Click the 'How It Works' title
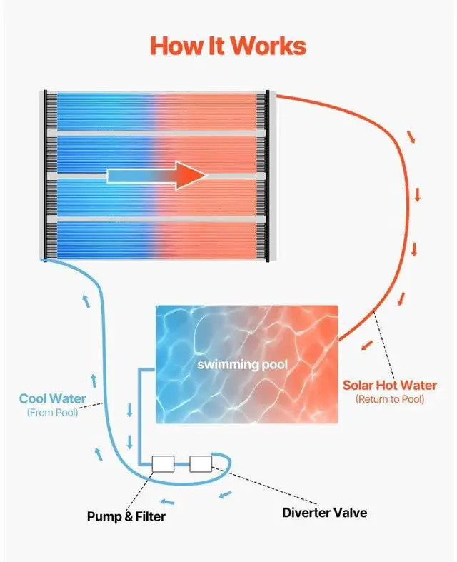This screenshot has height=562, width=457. tap(228, 46)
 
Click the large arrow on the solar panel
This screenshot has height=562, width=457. tap(156, 175)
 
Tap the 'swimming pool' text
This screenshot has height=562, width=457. tap(243, 364)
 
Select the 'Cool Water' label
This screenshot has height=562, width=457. tap(53, 398)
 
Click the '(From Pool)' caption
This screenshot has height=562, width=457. tap(53, 413)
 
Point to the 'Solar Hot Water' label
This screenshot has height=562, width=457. tap(389, 386)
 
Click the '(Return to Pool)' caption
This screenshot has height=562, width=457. tap(389, 400)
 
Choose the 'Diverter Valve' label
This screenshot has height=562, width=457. tap(324, 512)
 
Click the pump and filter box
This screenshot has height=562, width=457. tap(164, 463)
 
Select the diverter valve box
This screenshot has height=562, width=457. tap(201, 463)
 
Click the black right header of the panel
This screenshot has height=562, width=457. tap(268, 175)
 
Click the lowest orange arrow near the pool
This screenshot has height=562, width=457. tap(366, 347)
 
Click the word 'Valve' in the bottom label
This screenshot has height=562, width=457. tap(350, 512)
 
